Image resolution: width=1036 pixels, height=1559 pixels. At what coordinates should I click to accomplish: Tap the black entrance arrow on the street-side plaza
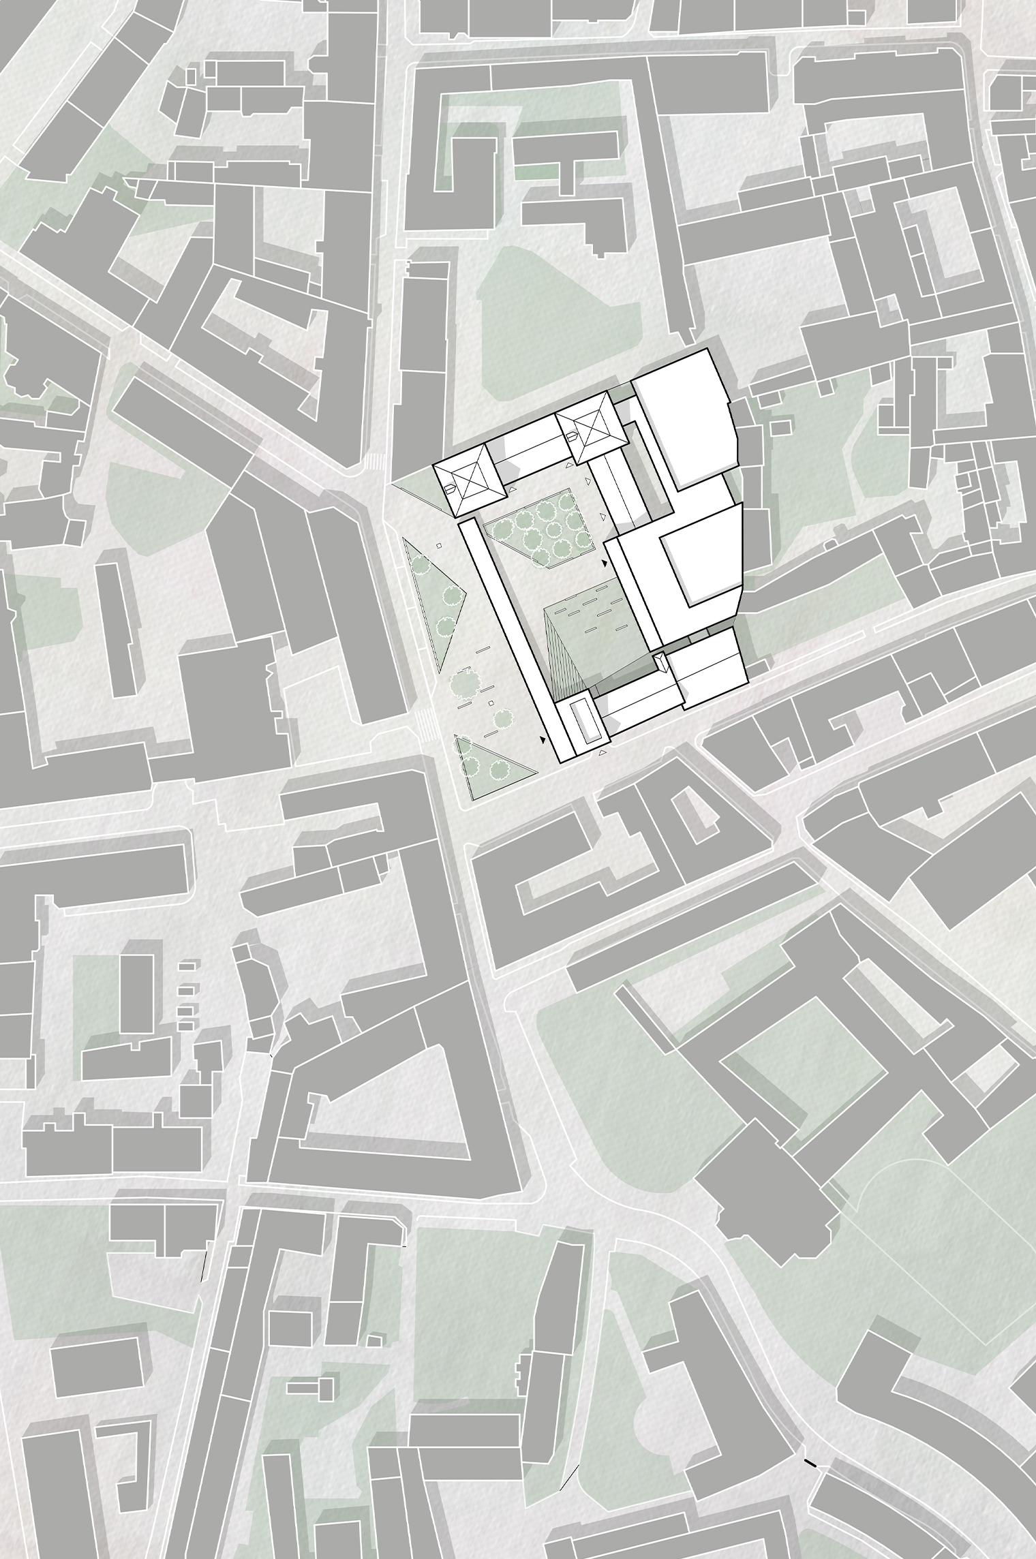(543, 739)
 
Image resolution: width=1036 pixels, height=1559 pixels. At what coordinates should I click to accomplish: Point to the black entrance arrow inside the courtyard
(604, 564)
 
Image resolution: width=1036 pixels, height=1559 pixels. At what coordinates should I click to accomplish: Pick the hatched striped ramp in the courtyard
(563, 654)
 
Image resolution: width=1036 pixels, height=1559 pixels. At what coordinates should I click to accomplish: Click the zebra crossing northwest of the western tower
(374, 461)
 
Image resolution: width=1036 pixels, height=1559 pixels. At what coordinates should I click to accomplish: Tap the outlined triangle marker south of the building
(602, 753)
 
